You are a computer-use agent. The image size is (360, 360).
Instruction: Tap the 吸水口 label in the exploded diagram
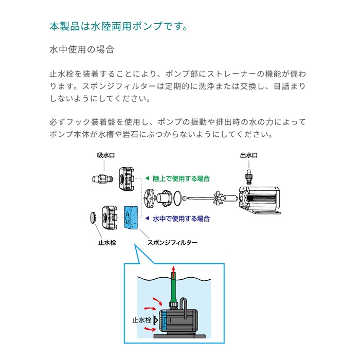[105, 154]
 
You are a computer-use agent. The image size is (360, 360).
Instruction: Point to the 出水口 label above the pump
[248, 155]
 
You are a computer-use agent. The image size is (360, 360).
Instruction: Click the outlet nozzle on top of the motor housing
[249, 176]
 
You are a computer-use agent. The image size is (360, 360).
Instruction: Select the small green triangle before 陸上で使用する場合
[147, 178]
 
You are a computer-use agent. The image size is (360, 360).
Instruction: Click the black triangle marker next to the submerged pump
[154, 320]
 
